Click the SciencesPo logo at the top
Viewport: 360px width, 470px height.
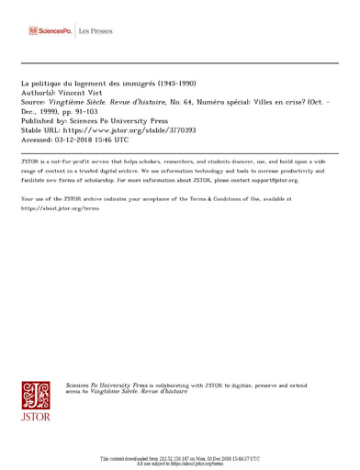[x=50, y=31]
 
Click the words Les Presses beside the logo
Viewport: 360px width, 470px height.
[x=96, y=31]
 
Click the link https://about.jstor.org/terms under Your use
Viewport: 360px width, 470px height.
[x=60, y=208]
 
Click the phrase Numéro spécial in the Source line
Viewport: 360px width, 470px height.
[x=230, y=102]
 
